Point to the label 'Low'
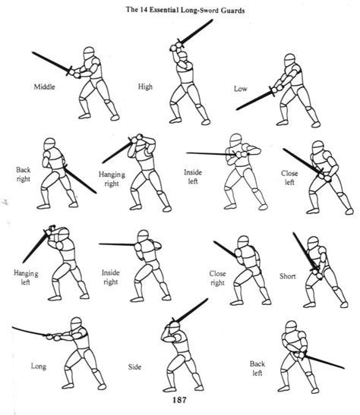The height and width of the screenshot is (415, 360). (x=239, y=89)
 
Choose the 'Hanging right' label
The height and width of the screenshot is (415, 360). (x=112, y=179)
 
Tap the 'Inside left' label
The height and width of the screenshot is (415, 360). (x=192, y=176)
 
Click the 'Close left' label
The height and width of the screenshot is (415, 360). (x=289, y=178)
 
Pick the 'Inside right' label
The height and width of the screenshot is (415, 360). (x=111, y=275)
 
